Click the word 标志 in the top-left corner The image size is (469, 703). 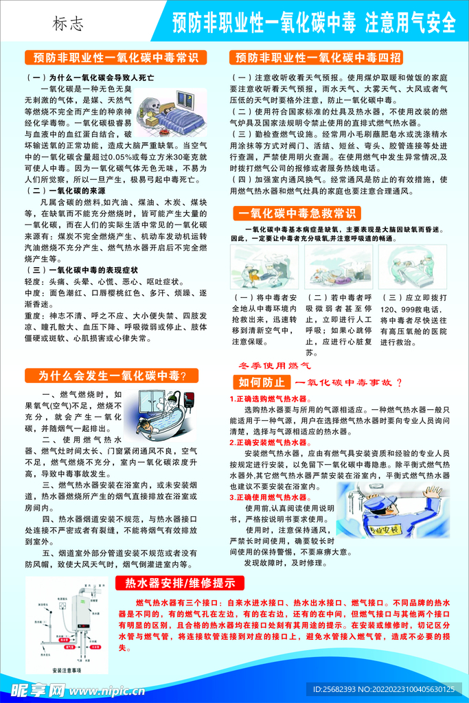click(x=69, y=24)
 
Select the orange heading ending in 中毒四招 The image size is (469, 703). click(x=318, y=57)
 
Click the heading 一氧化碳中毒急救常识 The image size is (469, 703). click(x=299, y=213)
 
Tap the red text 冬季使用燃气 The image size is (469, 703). click(x=275, y=366)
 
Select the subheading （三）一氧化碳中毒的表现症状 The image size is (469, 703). click(x=81, y=270)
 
